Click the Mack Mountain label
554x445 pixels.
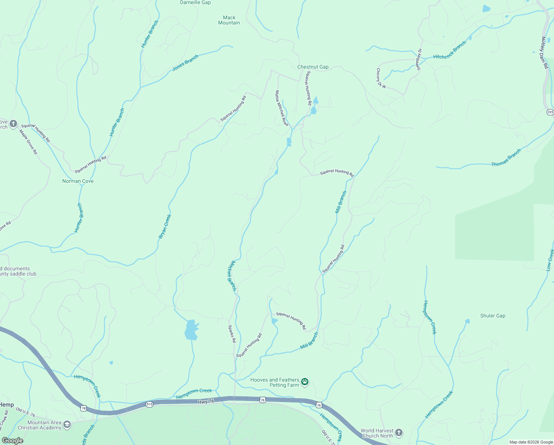point(229,20)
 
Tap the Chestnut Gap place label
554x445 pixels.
point(313,67)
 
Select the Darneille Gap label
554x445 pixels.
point(195,3)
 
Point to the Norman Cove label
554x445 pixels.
point(78,181)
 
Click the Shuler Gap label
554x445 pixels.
point(493,316)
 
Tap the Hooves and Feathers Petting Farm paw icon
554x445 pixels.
point(305,382)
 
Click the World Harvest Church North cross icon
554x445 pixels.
point(399,433)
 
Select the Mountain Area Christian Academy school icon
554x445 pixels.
point(67,425)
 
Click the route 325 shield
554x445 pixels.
point(550,112)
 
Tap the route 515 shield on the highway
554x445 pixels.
point(149,404)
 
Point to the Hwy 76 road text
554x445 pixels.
point(206,402)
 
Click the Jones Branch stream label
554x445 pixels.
point(186,63)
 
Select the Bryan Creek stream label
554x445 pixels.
point(165,226)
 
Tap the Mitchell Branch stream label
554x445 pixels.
point(232,276)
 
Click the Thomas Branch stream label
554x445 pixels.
point(506,158)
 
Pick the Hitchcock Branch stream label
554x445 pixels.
point(450,50)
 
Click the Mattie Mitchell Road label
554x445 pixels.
point(281,108)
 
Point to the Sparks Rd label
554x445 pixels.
point(232,334)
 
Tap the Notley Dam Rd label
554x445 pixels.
point(544,52)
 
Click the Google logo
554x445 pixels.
point(13,441)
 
